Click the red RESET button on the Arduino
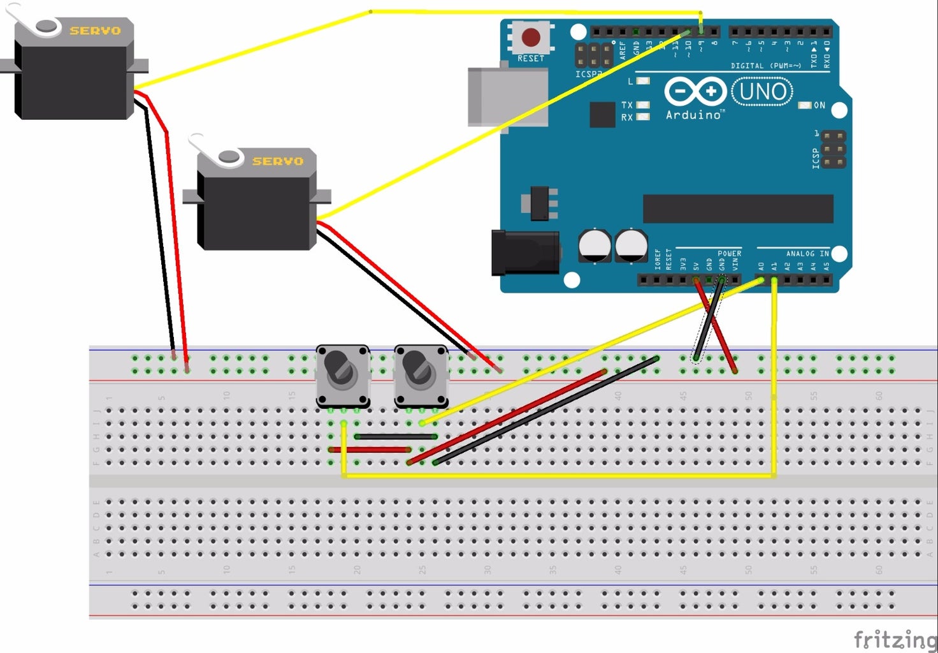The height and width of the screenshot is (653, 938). (x=531, y=36)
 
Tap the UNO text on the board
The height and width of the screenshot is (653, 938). (x=762, y=92)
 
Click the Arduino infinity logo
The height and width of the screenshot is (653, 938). (x=695, y=92)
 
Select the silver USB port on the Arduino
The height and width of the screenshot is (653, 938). (x=507, y=97)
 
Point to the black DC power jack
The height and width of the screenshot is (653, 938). (x=525, y=253)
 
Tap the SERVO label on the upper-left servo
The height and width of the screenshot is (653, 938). (x=95, y=30)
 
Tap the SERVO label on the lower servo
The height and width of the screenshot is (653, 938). (x=278, y=161)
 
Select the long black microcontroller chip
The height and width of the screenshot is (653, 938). (x=738, y=209)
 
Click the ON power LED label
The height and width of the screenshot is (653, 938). (x=819, y=105)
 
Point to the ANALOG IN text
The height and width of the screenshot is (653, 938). (x=807, y=253)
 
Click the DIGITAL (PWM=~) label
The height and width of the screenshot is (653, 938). (x=765, y=66)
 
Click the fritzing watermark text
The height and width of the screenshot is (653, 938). (x=895, y=638)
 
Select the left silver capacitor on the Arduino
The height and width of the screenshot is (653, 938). (x=595, y=246)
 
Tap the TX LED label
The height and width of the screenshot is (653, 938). (x=627, y=105)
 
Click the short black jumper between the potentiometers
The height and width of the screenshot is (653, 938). (x=396, y=437)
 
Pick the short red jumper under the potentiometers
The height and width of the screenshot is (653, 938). (x=370, y=450)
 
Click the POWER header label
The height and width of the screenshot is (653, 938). (x=729, y=253)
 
